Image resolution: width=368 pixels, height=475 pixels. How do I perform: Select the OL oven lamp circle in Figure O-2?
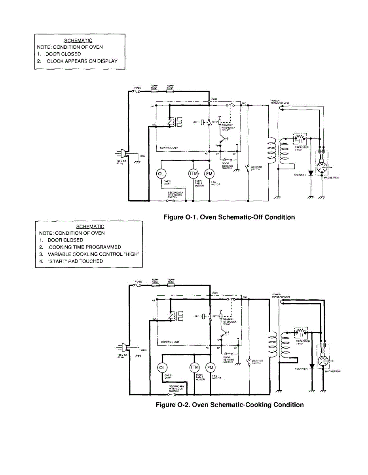point(162,368)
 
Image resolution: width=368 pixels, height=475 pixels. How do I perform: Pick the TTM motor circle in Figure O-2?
point(194,368)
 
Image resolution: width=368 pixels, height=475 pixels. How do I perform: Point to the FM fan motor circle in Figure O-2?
point(210,368)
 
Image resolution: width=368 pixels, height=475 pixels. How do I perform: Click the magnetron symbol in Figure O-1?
point(323,167)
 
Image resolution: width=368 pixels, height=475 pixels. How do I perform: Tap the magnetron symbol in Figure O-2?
point(324,361)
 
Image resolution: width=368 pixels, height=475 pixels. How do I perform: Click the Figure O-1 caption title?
point(230,217)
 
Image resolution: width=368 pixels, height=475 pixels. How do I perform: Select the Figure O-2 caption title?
point(230,405)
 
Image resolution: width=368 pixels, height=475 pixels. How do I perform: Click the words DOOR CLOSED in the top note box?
point(63,54)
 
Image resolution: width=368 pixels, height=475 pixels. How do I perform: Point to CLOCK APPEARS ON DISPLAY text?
point(82,61)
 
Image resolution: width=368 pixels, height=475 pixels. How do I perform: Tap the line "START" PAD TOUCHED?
point(75,261)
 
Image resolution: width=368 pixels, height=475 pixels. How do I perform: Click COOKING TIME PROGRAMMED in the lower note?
point(85,247)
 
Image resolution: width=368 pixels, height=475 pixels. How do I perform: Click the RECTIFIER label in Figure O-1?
point(300,175)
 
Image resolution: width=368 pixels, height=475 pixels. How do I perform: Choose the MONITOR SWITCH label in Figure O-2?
point(257,362)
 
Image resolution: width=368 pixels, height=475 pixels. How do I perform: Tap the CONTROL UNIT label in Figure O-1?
point(169,148)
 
